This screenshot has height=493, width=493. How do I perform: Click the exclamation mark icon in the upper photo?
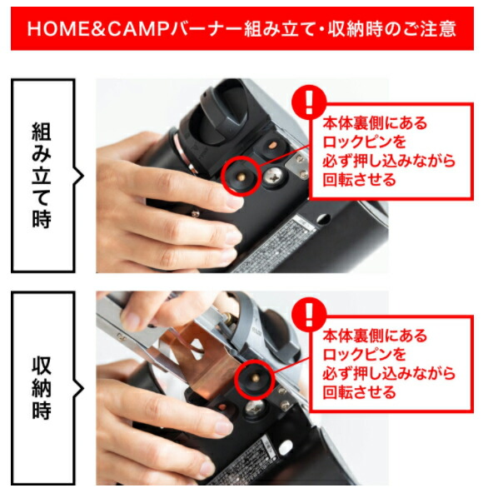(311, 102)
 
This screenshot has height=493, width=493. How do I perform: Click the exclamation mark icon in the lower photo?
(311, 315)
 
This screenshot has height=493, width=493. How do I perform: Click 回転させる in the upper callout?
(360, 180)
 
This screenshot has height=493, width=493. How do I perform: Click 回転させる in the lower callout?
(360, 392)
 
